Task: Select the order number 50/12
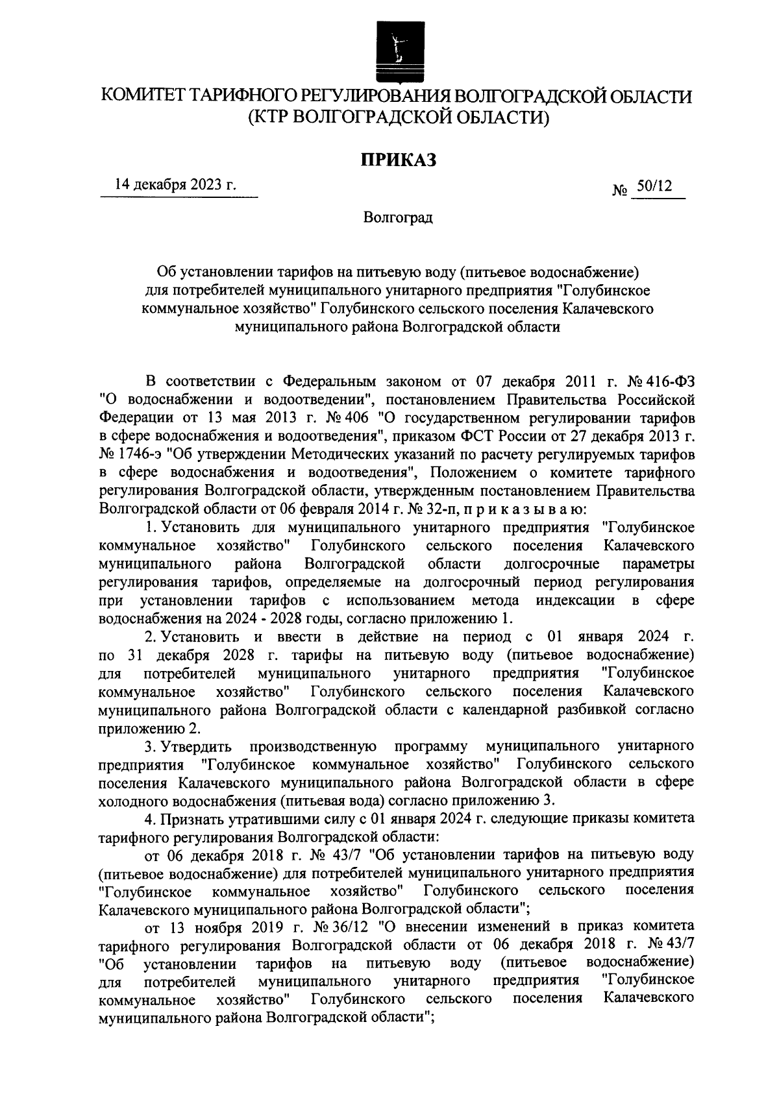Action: pyautogui.click(x=654, y=186)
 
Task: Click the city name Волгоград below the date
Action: pyautogui.click(x=397, y=217)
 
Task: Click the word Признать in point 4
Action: pyautogui.click(x=188, y=819)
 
